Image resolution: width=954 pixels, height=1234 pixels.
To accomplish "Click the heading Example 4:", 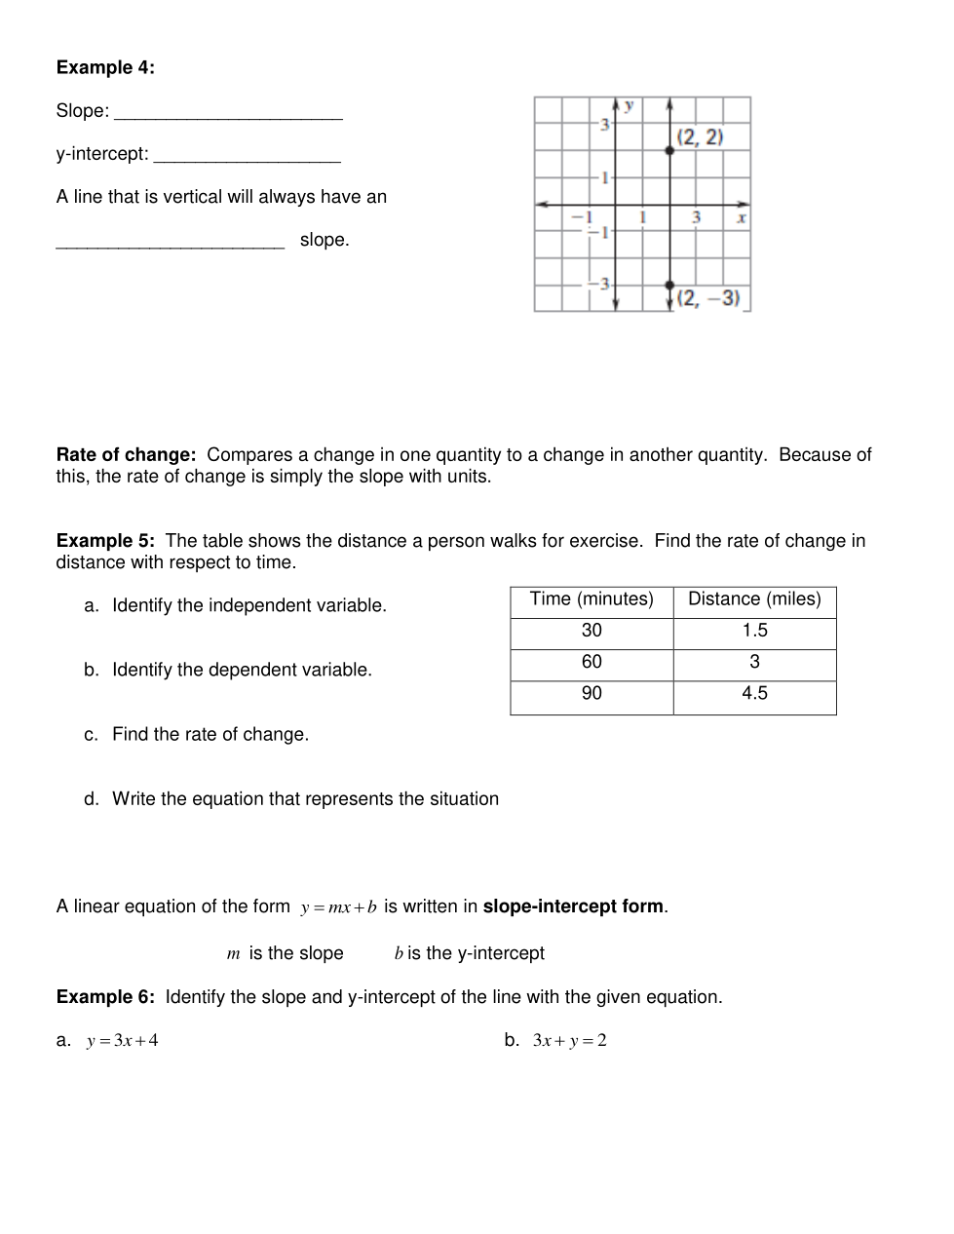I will click(105, 67).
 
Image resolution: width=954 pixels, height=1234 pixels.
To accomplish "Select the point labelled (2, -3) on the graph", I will click(669, 285).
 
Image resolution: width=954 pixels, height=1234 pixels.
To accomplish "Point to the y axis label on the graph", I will click(630, 105).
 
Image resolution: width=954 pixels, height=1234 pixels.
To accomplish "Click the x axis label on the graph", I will click(742, 217).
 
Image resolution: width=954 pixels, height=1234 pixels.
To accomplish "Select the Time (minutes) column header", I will click(591, 599).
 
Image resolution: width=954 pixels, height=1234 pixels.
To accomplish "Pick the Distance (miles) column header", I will click(754, 599).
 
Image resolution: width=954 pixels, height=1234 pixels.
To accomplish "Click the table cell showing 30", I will click(591, 631).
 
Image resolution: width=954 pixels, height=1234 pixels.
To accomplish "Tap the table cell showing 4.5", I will click(754, 693).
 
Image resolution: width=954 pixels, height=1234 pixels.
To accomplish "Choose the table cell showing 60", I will click(591, 662).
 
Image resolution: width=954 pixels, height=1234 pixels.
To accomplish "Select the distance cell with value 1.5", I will click(754, 631).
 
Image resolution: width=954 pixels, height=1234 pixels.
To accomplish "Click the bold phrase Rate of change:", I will click(127, 455).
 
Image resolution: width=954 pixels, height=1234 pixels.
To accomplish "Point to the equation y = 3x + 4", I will click(122, 1041).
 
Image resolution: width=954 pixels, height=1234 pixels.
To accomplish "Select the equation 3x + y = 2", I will click(569, 1041).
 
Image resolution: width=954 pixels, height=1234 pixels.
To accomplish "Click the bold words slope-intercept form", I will click(573, 906).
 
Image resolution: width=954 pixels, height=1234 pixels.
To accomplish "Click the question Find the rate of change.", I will click(210, 735).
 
